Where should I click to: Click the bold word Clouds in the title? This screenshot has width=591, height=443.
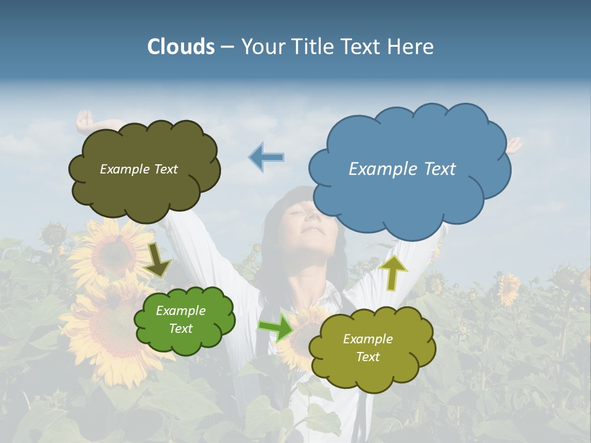(181, 47)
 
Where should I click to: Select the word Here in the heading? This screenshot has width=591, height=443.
(412, 47)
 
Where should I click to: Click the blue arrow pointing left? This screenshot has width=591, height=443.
(267, 157)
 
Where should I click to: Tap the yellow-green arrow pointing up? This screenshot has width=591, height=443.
(393, 273)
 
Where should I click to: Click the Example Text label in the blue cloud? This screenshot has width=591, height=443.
(402, 169)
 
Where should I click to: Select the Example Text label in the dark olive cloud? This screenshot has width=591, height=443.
(139, 169)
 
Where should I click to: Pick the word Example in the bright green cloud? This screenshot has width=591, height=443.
(180, 311)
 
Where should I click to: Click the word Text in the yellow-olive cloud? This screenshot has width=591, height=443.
(368, 357)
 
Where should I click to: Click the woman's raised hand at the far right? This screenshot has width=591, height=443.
(513, 145)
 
